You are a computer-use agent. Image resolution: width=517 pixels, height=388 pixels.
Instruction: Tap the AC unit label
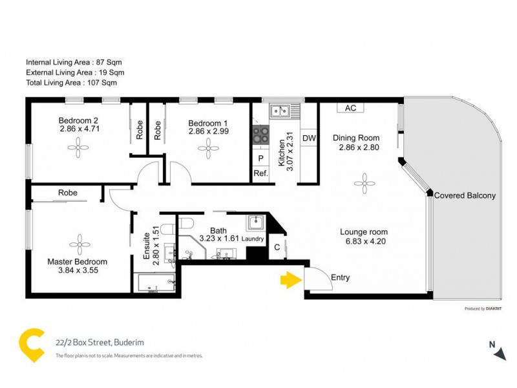click(x=350, y=108)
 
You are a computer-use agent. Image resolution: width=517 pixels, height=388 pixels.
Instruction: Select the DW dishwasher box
click(x=309, y=138)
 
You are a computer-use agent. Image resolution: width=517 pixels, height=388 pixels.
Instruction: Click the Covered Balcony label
click(x=465, y=195)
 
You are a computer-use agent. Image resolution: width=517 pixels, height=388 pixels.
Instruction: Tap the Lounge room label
click(x=364, y=232)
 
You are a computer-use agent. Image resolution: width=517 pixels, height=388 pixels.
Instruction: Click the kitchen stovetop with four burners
click(x=262, y=135)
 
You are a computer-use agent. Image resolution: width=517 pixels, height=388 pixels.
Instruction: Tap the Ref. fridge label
click(x=260, y=173)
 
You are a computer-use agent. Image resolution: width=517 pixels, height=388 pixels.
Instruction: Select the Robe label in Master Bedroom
click(x=68, y=193)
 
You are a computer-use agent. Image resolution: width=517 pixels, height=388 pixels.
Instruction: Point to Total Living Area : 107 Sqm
click(x=71, y=83)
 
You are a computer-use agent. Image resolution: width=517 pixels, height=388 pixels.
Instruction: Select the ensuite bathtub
click(x=156, y=283)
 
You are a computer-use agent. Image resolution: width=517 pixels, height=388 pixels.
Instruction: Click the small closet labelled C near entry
click(x=277, y=246)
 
